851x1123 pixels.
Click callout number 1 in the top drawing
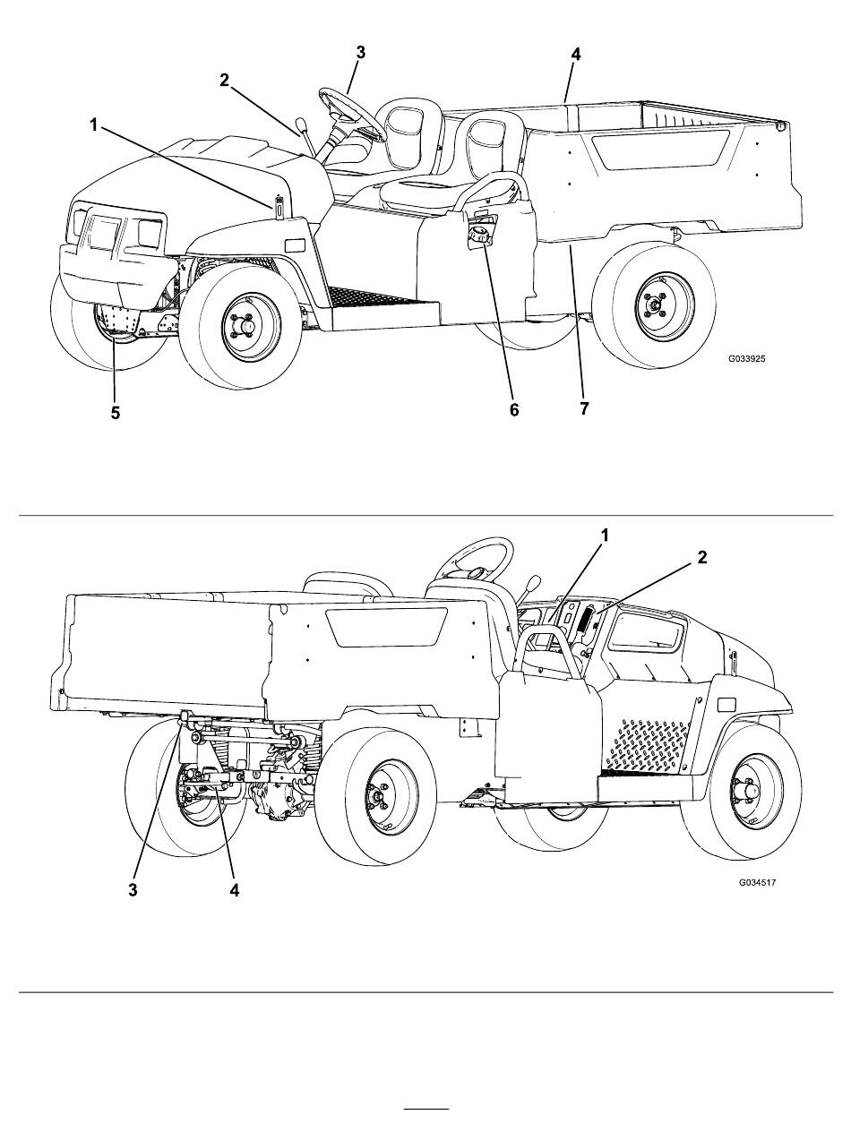click(x=93, y=125)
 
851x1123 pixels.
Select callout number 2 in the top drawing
click(x=225, y=81)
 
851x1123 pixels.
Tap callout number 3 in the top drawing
click(x=360, y=52)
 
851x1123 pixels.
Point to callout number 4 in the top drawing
click(x=575, y=55)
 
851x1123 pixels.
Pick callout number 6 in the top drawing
click(x=514, y=409)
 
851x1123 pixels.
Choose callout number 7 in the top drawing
click(x=584, y=409)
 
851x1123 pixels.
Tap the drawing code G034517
click(x=757, y=882)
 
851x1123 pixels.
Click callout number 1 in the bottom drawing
click(x=605, y=535)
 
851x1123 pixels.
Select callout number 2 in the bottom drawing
click(x=702, y=557)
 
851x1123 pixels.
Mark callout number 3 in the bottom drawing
click(x=133, y=890)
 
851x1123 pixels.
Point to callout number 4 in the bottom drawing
click(x=235, y=890)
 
